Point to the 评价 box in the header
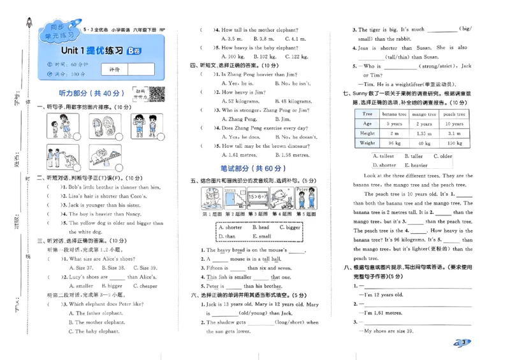pos(114,69)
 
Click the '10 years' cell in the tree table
pos(454,124)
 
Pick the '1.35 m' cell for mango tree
pos(423,133)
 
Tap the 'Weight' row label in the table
pos(367,143)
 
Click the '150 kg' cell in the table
pos(454,143)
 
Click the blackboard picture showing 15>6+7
pos(257,201)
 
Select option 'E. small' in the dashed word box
pos(263,236)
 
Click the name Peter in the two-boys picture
pos(303,190)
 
